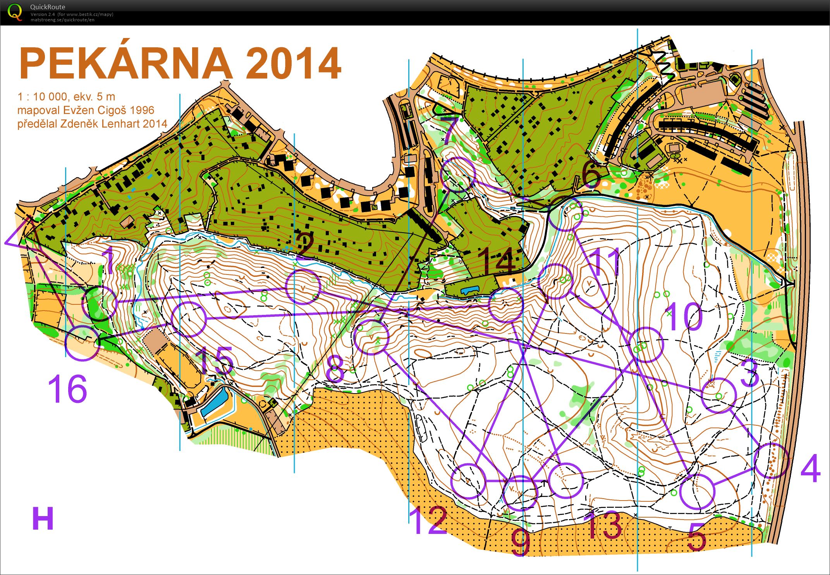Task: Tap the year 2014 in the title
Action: coord(293,64)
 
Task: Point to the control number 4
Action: coord(810,468)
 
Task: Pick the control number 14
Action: coord(496,261)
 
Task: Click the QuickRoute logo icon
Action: coord(15,12)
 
